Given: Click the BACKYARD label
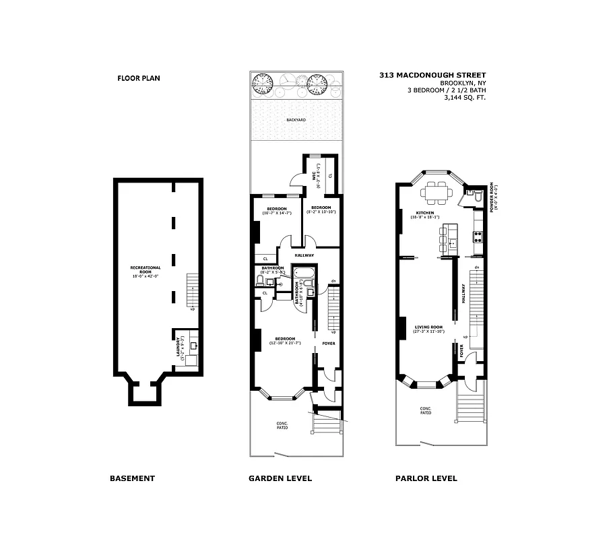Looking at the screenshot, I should (295, 119).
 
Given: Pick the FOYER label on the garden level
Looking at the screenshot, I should (329, 344).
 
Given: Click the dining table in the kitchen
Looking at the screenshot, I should (436, 195).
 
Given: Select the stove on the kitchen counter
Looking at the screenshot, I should (477, 236).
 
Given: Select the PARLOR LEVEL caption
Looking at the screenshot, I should (426, 478).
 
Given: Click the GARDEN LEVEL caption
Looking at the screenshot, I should (280, 478).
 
